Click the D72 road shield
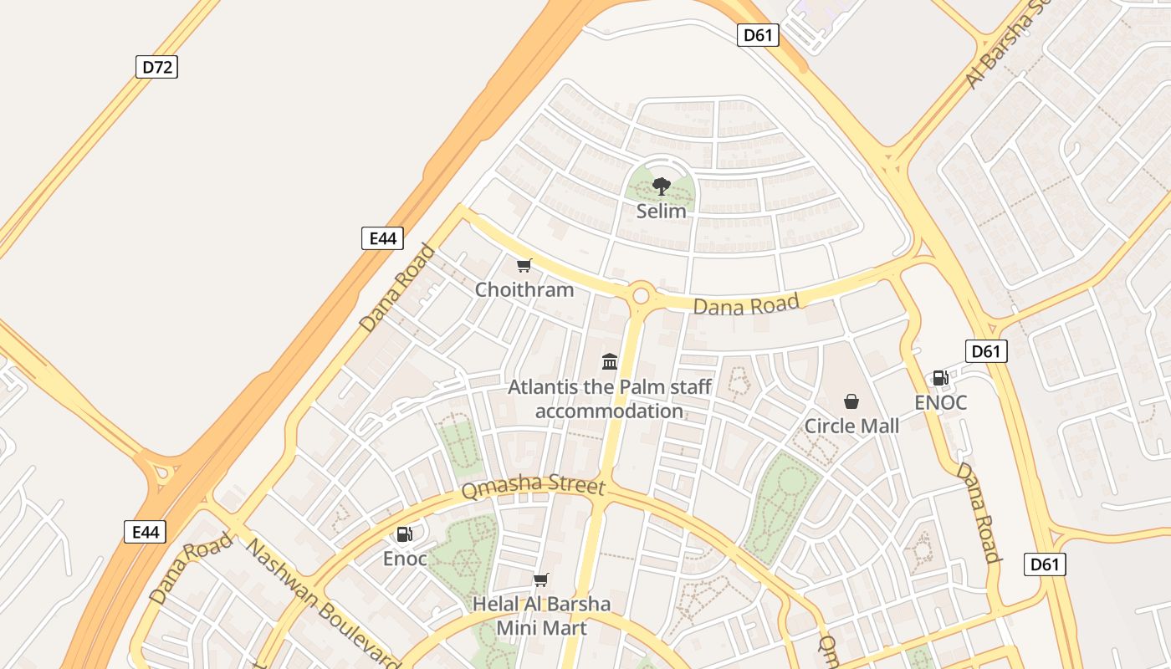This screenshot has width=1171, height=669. coord(156,67)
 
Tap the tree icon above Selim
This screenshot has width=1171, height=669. coord(662,186)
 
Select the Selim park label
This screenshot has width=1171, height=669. coord(661,212)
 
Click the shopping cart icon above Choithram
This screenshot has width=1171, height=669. coord(524,266)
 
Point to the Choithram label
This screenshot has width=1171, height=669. coord(524,290)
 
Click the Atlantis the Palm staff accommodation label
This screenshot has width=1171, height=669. coord(610,399)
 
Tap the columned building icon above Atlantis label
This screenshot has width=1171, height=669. coord(610,361)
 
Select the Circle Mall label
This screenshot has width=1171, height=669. coord(851,426)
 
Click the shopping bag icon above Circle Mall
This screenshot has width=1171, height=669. coord(851,401)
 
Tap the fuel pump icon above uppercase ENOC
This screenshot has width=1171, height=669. coord(941,378)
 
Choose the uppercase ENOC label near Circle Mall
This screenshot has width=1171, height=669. coord(941,402)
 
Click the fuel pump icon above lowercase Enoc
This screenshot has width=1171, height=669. coord(405,534)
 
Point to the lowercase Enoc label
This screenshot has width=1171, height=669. coord(405,559)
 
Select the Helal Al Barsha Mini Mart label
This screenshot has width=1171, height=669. coord(541,615)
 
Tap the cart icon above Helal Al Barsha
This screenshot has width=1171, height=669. coord(541,580)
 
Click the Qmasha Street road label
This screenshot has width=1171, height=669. coord(533,487)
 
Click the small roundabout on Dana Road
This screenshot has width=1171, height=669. coord(642,295)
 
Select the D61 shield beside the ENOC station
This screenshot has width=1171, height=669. coord(986,351)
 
